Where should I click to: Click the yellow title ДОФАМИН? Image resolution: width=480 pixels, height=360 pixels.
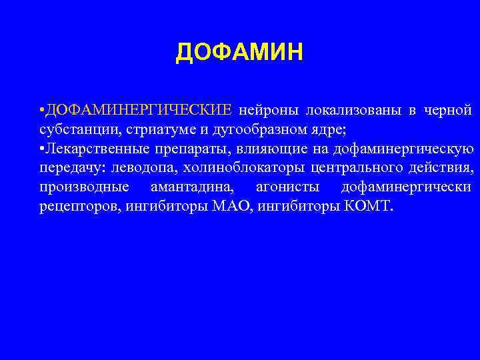(x=239, y=52)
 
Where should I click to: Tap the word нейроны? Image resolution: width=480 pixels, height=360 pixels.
(x=267, y=109)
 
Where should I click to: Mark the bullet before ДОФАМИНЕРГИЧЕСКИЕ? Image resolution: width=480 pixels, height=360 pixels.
(x=41, y=109)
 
